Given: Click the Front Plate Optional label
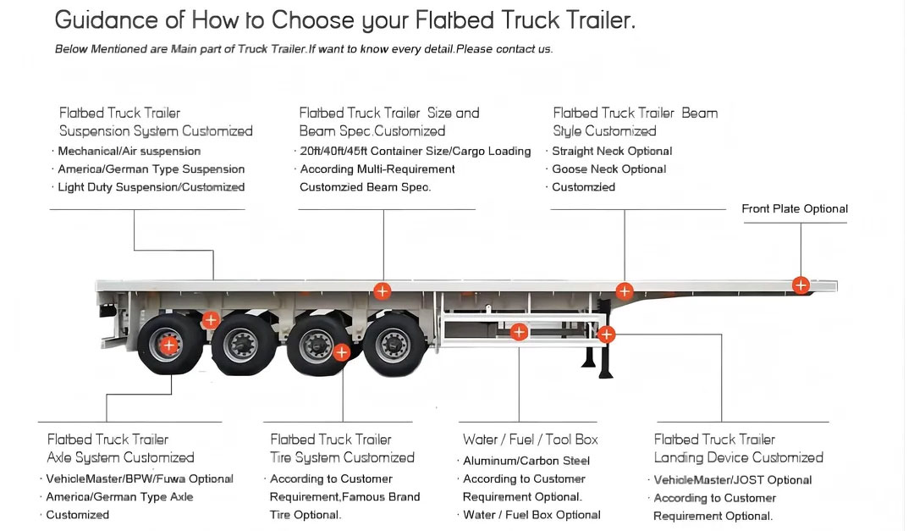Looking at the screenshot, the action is [795, 209].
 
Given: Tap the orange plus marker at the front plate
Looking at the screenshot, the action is [801, 285].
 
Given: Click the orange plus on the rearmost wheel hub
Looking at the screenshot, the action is [169, 346].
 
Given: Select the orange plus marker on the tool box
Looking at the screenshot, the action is [519, 332].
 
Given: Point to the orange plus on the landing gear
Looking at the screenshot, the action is [606, 335].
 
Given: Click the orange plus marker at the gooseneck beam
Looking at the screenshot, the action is [625, 290].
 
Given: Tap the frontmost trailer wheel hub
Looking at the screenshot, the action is [393, 346].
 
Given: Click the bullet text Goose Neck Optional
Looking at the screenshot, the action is [609, 169].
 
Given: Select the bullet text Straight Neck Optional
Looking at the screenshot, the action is [612, 151].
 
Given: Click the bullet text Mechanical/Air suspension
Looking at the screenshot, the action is [129, 151].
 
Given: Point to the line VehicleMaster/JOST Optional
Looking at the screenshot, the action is [733, 480].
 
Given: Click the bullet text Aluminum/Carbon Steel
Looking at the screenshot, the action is [526, 461].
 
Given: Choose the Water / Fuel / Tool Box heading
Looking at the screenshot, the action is [531, 440].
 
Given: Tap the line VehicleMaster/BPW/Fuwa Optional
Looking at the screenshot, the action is [140, 479].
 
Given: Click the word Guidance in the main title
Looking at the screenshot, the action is [106, 20].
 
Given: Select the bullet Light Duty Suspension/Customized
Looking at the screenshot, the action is [151, 187].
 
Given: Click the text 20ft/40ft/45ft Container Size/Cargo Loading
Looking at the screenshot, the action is [416, 151].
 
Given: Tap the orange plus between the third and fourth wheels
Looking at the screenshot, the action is [342, 351].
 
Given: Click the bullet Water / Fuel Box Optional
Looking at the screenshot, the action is [531, 515].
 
